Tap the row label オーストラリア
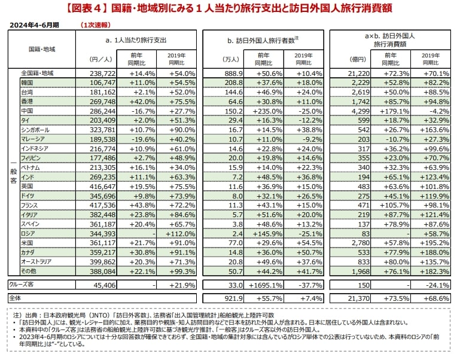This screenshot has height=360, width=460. (x=36, y=261)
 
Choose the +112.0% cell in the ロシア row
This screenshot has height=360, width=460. (x=177, y=233)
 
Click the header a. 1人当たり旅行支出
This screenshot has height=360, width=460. (x=136, y=39)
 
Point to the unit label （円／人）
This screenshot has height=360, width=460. (x=98, y=59)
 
